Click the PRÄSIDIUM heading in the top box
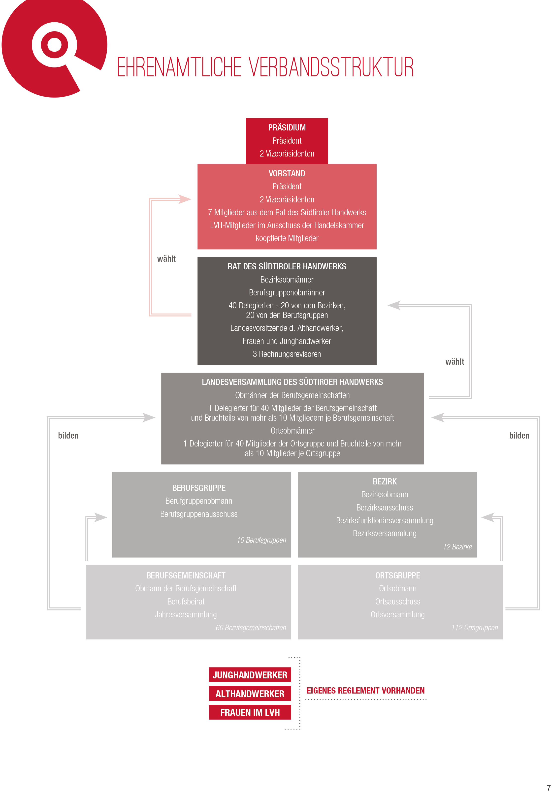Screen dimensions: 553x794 click(287, 127)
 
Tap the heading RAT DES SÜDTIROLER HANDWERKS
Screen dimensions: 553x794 click(287, 266)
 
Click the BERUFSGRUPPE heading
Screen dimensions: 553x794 click(199, 488)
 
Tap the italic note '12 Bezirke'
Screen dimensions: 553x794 click(457, 546)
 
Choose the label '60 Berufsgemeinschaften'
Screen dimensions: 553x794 click(251, 627)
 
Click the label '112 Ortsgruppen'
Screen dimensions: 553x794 click(475, 627)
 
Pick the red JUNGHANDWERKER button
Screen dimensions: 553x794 click(250, 675)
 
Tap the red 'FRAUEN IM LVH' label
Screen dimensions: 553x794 click(250, 712)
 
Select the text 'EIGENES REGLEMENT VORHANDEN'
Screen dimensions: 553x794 click(365, 690)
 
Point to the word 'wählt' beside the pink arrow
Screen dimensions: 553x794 click(166, 259)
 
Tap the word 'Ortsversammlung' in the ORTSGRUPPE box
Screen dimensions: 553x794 click(397, 614)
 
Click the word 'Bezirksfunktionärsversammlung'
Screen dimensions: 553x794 click(385, 520)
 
